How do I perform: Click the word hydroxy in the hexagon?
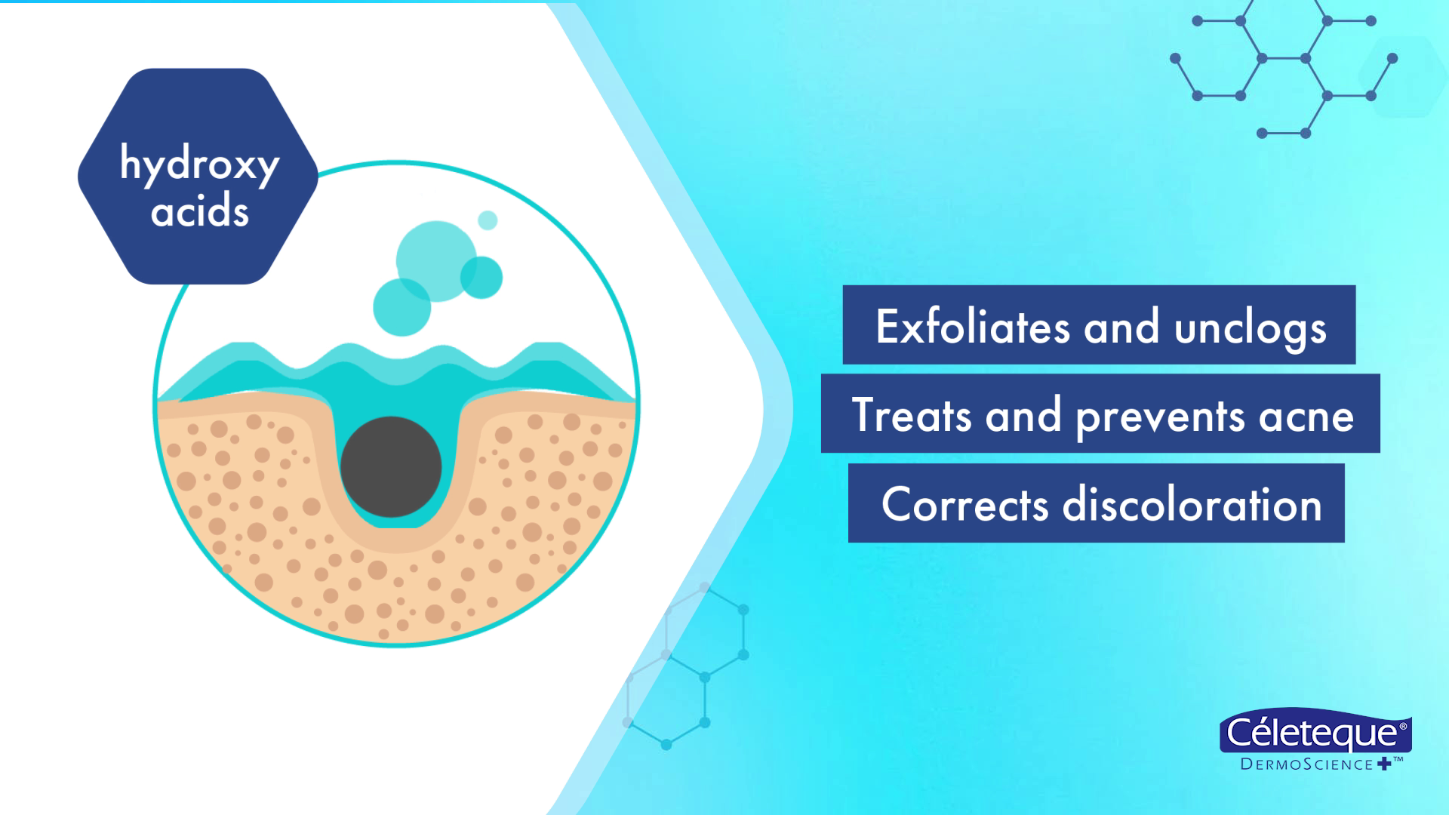(x=199, y=165)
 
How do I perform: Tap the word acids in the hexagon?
(x=199, y=211)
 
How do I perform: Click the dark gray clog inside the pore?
(x=390, y=467)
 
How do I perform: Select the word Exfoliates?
(x=973, y=327)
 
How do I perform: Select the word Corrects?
(x=964, y=505)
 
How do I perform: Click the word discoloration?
(x=1192, y=503)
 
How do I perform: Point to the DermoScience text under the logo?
(x=1306, y=764)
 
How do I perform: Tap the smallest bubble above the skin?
(x=488, y=220)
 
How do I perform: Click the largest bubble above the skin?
(x=436, y=261)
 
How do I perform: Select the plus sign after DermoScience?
(x=1384, y=764)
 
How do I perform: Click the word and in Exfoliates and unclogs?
(x=1121, y=327)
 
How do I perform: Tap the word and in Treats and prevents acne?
(x=1023, y=415)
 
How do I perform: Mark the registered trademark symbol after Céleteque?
(x=1404, y=726)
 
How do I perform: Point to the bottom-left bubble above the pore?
(x=402, y=307)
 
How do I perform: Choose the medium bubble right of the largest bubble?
(x=481, y=277)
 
